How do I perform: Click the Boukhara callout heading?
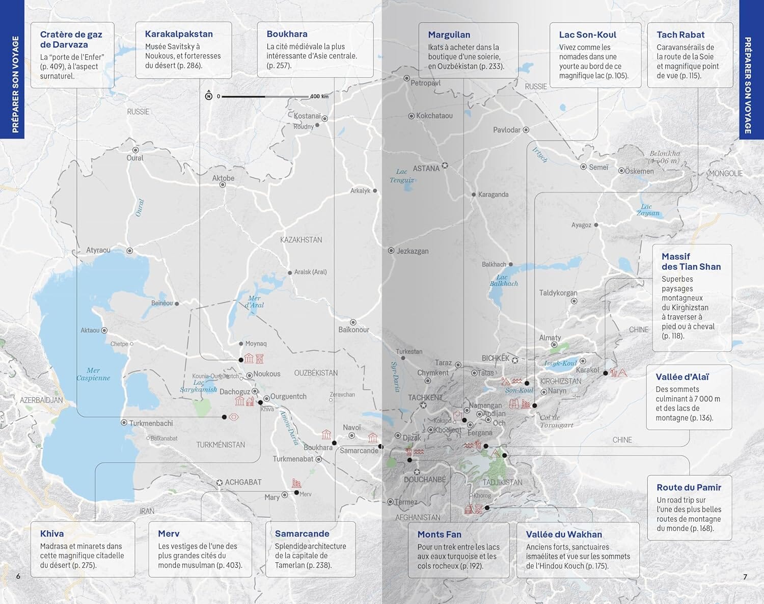[287, 34]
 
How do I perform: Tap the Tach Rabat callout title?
[680, 35]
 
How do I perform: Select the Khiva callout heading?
[52, 534]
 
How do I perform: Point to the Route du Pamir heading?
[689, 487]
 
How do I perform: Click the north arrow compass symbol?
[209, 96]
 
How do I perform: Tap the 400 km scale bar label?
[319, 96]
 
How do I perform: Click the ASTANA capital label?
[426, 169]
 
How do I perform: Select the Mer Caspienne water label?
[93, 374]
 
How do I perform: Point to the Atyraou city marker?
[130, 251]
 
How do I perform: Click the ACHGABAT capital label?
[243, 482]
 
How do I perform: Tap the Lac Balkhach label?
[503, 280]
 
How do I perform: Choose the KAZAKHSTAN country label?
[301, 240]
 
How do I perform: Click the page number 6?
[18, 576]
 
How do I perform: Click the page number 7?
[745, 576]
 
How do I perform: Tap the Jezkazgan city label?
[413, 251]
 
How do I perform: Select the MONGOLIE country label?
[725, 174]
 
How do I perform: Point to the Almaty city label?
[550, 338]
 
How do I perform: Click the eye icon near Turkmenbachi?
[234, 417]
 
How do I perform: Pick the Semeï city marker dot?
[584, 167]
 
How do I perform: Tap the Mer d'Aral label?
[254, 302]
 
